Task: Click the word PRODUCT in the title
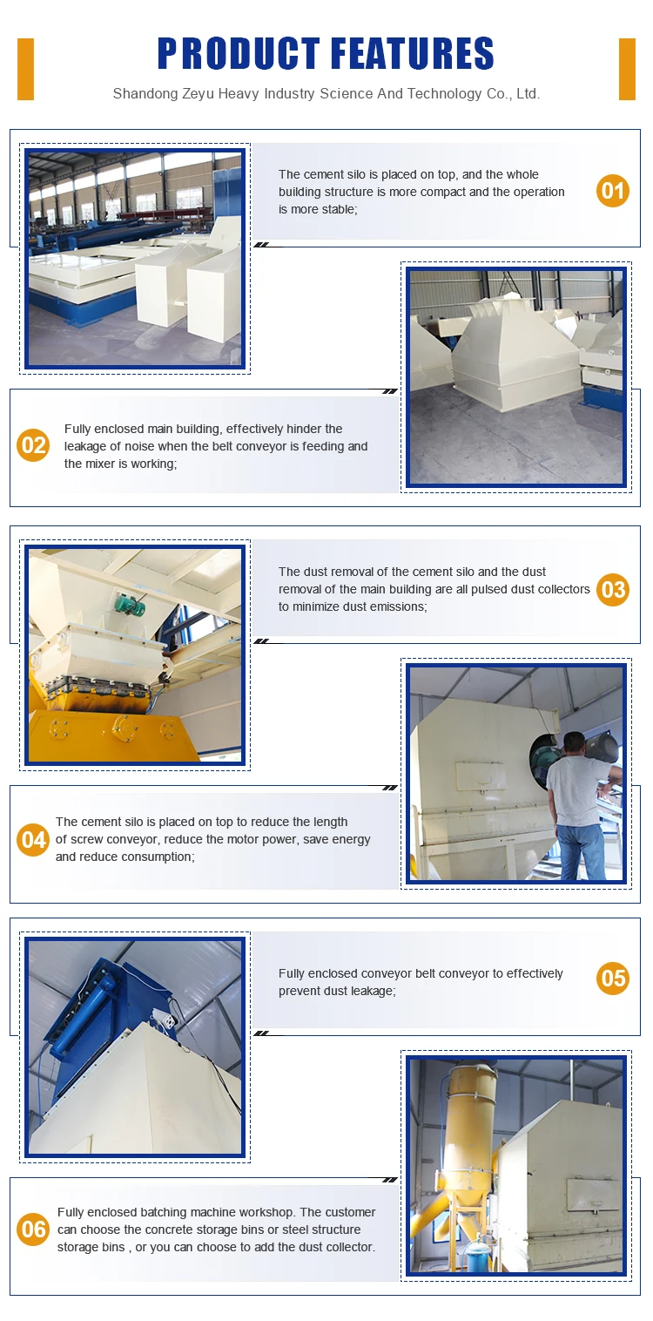[x=238, y=53]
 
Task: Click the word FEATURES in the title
[x=413, y=53]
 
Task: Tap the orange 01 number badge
[x=613, y=191]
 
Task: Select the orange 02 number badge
[x=33, y=445]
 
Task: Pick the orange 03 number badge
[x=613, y=589]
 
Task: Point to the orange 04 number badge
[x=33, y=839]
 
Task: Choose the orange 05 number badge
[x=613, y=979]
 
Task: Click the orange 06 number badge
[x=33, y=1230]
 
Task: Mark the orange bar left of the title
[x=25, y=69]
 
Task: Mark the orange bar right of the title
[x=627, y=69]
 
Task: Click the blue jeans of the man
[x=581, y=852]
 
